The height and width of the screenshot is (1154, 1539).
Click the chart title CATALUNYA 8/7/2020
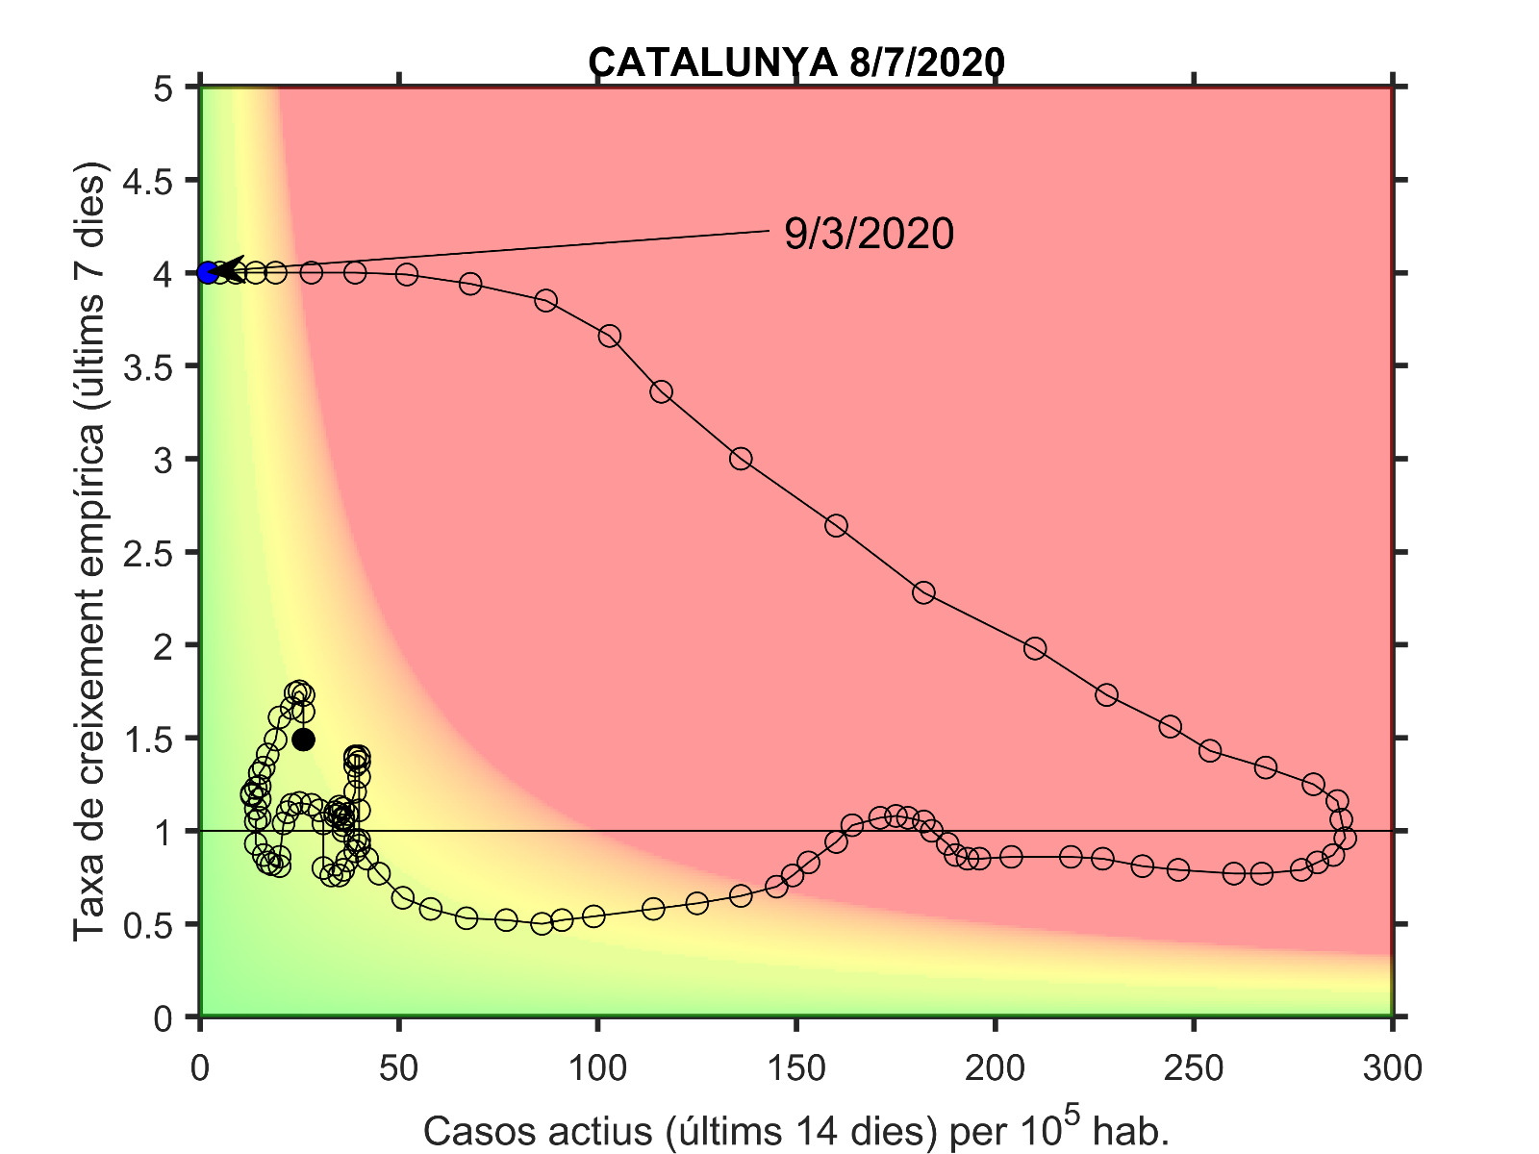pyautogui.click(x=796, y=63)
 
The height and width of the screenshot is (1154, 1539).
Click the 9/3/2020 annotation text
pyautogui.click(x=869, y=234)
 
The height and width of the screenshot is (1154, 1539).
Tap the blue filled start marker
pyautogui.click(x=208, y=272)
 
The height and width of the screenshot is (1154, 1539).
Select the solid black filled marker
pyautogui.click(x=303, y=740)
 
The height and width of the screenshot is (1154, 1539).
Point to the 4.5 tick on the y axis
pyautogui.click(x=151, y=181)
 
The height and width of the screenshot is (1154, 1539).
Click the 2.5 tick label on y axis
pyautogui.click(x=151, y=553)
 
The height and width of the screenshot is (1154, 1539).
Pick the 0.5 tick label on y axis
pyautogui.click(x=151, y=925)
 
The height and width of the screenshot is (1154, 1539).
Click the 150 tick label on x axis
pyautogui.click(x=796, y=1067)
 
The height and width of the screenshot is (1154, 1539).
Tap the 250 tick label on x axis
pyautogui.click(x=1194, y=1067)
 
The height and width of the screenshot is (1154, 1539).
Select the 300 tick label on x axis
pyautogui.click(x=1392, y=1067)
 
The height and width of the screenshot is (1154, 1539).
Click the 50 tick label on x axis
pyautogui.click(x=398, y=1067)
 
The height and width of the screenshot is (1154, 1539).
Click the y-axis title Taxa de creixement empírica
pyautogui.click(x=90, y=553)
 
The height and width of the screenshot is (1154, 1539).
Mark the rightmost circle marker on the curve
pyautogui.click(x=1345, y=838)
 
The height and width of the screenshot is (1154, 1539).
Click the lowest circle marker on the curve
pyautogui.click(x=542, y=923)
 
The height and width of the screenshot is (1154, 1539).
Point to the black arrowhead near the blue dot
pyautogui.click(x=231, y=270)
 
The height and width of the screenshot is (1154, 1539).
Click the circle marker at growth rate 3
pyautogui.click(x=741, y=459)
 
